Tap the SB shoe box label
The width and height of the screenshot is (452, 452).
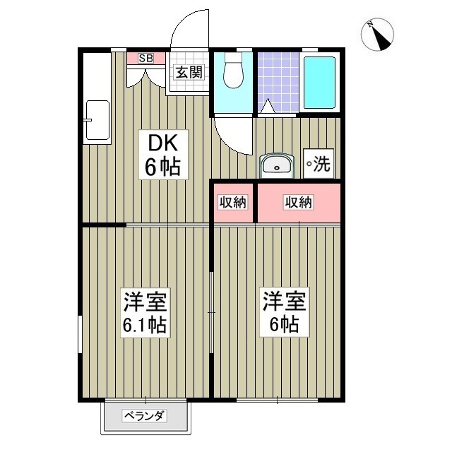(x=145, y=59)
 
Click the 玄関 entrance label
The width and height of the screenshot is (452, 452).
(x=189, y=72)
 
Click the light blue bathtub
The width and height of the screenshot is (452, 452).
(x=321, y=81)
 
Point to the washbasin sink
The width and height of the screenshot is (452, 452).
(x=278, y=166)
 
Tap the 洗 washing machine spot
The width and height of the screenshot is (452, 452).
(x=318, y=165)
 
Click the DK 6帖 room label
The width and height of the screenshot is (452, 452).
(x=163, y=155)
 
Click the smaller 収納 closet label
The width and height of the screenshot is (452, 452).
(x=232, y=203)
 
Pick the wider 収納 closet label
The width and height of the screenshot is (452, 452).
(x=298, y=203)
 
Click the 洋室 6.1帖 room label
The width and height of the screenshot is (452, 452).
(x=145, y=312)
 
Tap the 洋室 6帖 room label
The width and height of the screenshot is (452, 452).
(x=284, y=312)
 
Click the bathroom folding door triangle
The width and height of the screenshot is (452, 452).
(x=268, y=107)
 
